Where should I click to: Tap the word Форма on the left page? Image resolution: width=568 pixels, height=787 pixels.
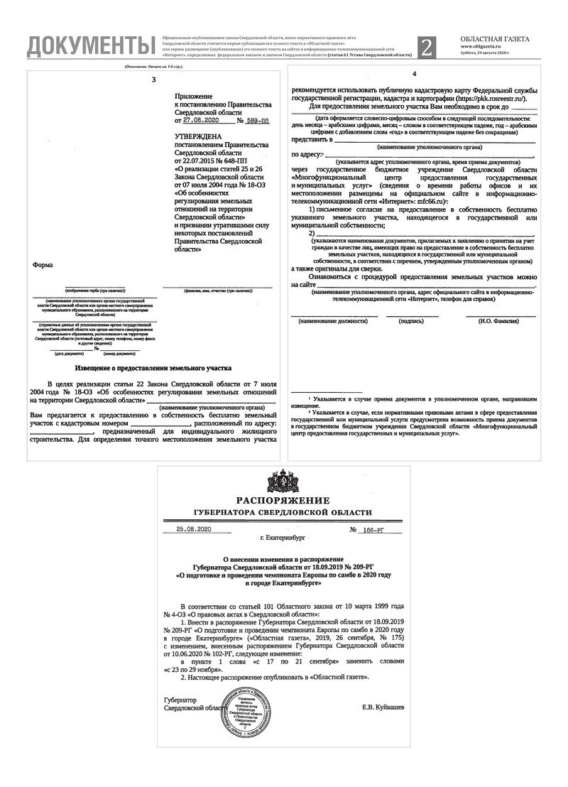[x=42, y=265]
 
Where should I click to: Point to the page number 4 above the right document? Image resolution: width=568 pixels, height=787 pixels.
[x=415, y=74]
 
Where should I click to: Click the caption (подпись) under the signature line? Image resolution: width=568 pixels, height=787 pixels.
[x=412, y=322]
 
